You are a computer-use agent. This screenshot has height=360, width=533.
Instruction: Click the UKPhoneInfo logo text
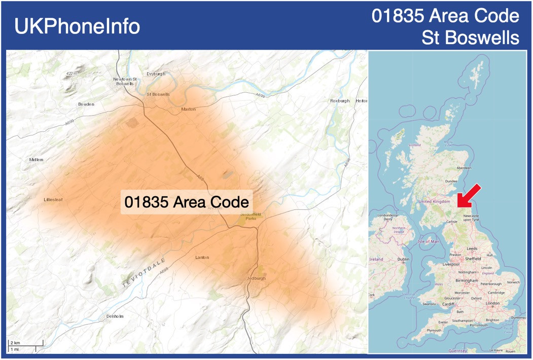77,26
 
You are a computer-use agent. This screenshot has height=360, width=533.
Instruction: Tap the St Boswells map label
158,94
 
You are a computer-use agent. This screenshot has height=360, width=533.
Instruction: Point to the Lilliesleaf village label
53,200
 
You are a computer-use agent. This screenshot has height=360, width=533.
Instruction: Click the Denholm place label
115,316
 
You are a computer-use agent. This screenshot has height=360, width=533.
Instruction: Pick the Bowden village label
86,104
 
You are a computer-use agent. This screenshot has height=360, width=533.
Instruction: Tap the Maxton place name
188,109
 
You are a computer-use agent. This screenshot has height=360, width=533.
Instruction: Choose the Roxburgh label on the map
340,101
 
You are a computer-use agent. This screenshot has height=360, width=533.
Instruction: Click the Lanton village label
202,258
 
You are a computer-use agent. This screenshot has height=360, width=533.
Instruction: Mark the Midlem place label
37,160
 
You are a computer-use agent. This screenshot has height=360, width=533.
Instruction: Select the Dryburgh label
156,74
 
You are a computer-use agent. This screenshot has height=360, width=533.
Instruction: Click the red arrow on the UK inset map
469,196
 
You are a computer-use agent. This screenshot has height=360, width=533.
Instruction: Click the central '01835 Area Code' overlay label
187,202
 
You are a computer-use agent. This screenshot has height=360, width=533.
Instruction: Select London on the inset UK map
492,303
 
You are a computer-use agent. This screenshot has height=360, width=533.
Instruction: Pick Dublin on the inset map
403,259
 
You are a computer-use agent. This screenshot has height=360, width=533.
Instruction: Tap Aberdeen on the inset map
464,168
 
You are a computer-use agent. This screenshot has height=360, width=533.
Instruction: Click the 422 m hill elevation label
72,74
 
